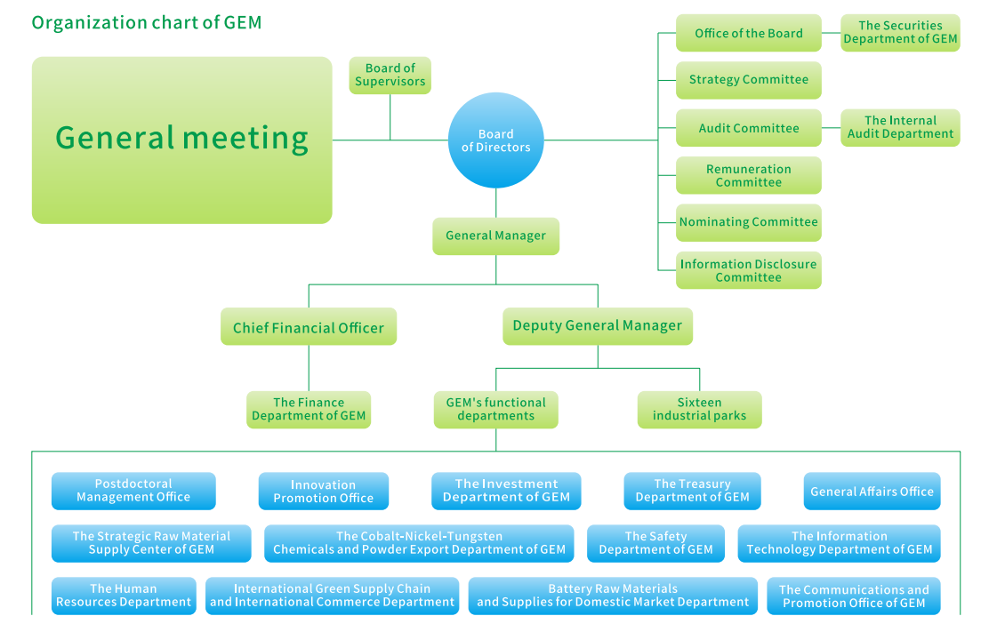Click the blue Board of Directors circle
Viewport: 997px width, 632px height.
(495, 140)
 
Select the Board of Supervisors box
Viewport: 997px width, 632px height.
(390, 75)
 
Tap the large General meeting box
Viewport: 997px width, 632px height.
(181, 140)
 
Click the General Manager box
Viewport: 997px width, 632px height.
(495, 236)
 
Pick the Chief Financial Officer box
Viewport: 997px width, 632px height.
(308, 328)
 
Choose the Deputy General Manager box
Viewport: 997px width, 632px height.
(597, 326)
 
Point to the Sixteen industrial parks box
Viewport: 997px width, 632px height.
(699, 410)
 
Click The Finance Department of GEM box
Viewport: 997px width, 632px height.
(308, 410)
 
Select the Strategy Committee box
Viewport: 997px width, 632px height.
(748, 80)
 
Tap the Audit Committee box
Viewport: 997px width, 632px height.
(748, 128)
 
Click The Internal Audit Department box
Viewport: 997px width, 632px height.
(900, 128)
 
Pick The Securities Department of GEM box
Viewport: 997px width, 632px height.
(900, 33)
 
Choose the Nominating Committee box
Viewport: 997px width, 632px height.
(748, 222)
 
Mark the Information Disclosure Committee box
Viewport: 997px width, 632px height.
(748, 271)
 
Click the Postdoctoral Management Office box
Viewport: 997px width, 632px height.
(133, 491)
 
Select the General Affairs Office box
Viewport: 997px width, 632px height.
(872, 492)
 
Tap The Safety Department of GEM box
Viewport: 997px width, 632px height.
(655, 543)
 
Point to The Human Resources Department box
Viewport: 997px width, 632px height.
(124, 596)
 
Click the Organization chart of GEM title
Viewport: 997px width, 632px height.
(147, 22)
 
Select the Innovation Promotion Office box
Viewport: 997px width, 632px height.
(323, 492)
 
